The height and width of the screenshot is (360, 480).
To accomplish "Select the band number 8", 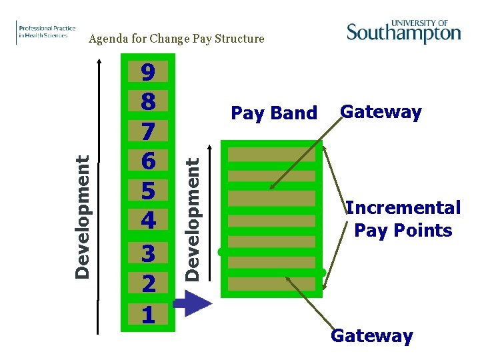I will pyautogui.click(x=148, y=102).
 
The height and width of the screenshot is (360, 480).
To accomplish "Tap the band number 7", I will pyautogui.click(x=148, y=131).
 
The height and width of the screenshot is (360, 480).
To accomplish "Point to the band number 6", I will pyautogui.click(x=148, y=161).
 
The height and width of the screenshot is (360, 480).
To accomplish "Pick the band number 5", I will pyautogui.click(x=148, y=191).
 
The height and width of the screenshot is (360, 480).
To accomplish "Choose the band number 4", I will pyautogui.click(x=148, y=219).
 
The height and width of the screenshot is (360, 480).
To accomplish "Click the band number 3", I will pyautogui.click(x=148, y=254).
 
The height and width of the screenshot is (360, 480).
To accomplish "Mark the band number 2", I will pyautogui.click(x=148, y=284).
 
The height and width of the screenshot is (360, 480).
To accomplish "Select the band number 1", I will pyautogui.click(x=148, y=314).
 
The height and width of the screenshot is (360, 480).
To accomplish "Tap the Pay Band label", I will pyautogui.click(x=273, y=113).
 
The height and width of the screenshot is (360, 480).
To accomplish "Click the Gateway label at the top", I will pyautogui.click(x=381, y=112).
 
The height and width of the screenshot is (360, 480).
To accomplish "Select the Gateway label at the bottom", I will pyautogui.click(x=371, y=336).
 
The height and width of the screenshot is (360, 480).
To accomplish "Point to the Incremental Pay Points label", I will pyautogui.click(x=403, y=219).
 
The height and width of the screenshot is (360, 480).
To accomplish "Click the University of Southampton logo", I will pyautogui.click(x=403, y=31).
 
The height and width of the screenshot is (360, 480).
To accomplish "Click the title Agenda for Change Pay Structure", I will pyautogui.click(x=177, y=39).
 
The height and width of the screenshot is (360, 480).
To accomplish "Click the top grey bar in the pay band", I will pyautogui.click(x=271, y=155).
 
